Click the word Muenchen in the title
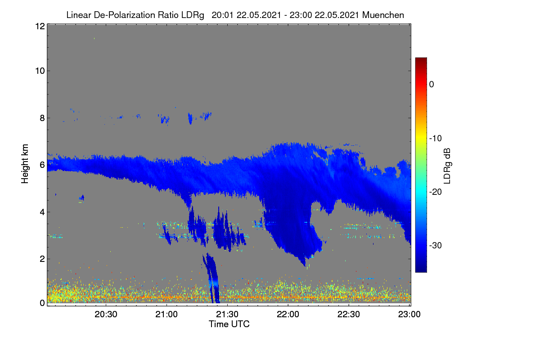point(383,15)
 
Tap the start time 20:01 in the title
point(222,15)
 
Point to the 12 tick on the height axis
point(40,26)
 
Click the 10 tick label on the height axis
point(40,71)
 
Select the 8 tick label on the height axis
point(42,118)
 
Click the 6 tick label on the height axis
point(42,165)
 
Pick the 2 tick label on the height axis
point(42,259)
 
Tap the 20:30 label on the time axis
point(106,314)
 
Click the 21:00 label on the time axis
point(166,314)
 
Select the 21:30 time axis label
point(227,314)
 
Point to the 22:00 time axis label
point(288,314)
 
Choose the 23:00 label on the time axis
point(409,314)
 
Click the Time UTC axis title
point(229,324)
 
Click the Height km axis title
point(25,164)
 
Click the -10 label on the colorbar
point(436,139)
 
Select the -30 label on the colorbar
point(436,245)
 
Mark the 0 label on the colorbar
point(432,85)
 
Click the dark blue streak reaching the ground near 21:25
point(212,277)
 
